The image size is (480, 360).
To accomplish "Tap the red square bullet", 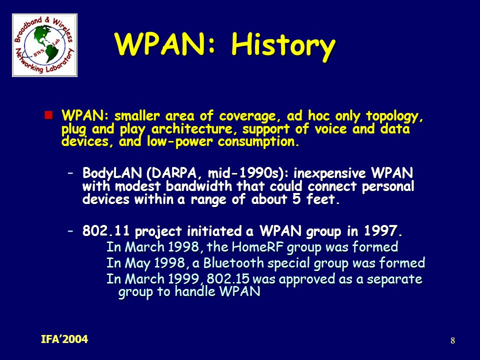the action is pyautogui.click(x=48, y=115).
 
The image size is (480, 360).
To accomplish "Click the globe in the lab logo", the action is pyautogui.click(x=44, y=44).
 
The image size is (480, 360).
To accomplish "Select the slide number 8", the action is pyautogui.click(x=453, y=340).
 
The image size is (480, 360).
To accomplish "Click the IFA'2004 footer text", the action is pyautogui.click(x=64, y=339).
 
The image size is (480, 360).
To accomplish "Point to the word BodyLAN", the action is pyautogui.click(x=112, y=173).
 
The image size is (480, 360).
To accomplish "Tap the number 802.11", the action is pyautogui.click(x=106, y=231).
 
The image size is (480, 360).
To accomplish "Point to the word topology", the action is pyautogui.click(x=394, y=116).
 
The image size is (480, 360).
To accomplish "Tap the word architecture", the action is pyautogui.click(x=191, y=129).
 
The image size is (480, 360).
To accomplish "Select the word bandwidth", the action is pyautogui.click(x=199, y=186).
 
